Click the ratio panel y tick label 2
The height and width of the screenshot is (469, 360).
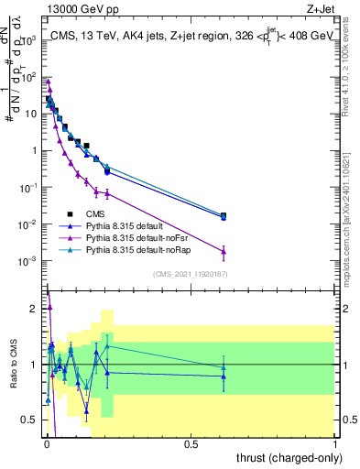pyautogui.click(x=35, y=309)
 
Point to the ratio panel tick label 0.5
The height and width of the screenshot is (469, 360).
pyautogui.click(x=30, y=420)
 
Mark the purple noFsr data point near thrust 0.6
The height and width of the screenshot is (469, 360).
pyautogui.click(x=224, y=251)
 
